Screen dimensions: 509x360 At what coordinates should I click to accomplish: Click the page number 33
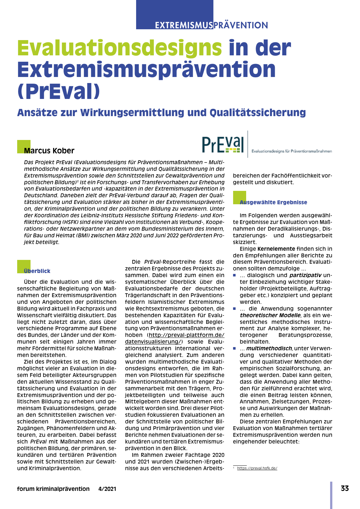click(345, 488)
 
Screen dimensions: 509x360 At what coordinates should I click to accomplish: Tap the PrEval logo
click(223, 145)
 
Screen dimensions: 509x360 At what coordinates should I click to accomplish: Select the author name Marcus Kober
click(49, 151)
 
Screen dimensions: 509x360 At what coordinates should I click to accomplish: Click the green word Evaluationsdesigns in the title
click(120, 48)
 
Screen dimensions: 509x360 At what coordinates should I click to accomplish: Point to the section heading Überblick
click(37, 271)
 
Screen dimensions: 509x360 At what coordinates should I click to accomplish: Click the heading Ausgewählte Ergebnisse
click(273, 202)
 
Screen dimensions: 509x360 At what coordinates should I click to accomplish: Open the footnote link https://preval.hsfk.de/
click(257, 468)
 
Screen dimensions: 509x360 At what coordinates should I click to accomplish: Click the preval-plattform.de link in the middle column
click(186, 335)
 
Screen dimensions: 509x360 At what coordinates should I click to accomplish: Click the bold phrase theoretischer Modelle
click(270, 315)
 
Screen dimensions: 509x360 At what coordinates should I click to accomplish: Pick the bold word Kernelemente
click(276, 249)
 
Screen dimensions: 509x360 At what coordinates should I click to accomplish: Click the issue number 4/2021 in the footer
click(107, 489)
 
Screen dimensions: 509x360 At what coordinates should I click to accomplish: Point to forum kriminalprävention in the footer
click(53, 489)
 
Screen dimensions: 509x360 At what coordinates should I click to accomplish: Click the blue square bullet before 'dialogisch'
click(235, 275)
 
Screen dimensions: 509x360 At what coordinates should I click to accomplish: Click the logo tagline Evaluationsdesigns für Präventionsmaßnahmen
click(292, 151)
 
